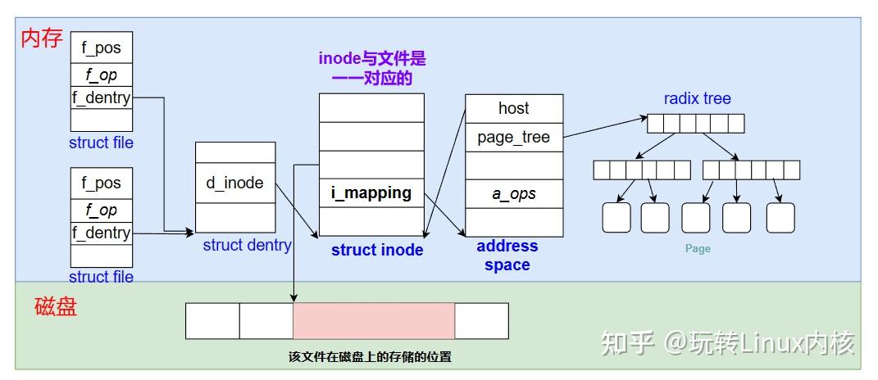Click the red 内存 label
click(41, 38)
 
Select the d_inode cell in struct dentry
click(235, 183)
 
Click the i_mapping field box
click(371, 193)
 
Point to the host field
click(514, 108)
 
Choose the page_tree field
click(514, 137)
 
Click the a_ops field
click(514, 194)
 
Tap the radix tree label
click(697, 99)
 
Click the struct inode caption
click(377, 250)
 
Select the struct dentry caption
click(247, 245)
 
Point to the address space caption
click(507, 255)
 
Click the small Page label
click(698, 248)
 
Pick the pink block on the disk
click(373, 320)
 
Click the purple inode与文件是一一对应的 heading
click(372, 69)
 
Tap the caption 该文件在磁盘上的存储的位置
click(370, 357)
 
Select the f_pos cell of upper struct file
click(101, 47)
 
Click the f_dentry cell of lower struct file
click(101, 233)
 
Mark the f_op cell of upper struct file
click(101, 75)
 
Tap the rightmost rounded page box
click(780, 217)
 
